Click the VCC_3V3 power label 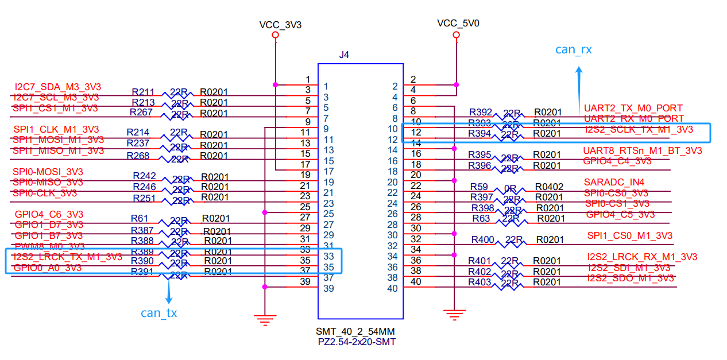pos(280,25)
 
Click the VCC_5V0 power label pos(458,24)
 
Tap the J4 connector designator pos(344,55)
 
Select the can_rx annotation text pos(573,50)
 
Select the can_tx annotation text pos(159,313)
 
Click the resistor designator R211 pos(143,92)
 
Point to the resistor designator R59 pos(479,187)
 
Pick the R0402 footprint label pos(549,187)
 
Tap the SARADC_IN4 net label pos(614,183)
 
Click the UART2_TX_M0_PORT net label pos(633,108)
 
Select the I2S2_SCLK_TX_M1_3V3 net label pos(639,130)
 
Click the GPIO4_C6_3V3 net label pos(49,214)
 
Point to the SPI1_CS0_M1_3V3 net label pos(629,236)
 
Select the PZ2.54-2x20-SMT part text pos(355,342)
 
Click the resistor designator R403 pos(479,282)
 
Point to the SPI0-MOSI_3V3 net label pos(48,172)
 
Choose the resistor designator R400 pos(482,239)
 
